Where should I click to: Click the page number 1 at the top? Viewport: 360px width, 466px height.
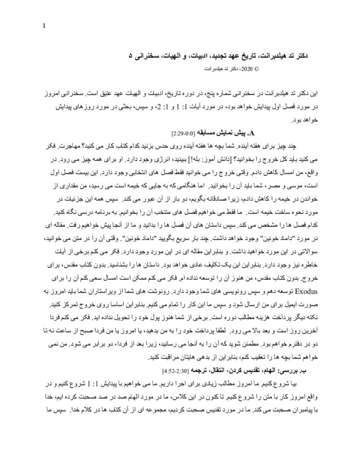point(44,25)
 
